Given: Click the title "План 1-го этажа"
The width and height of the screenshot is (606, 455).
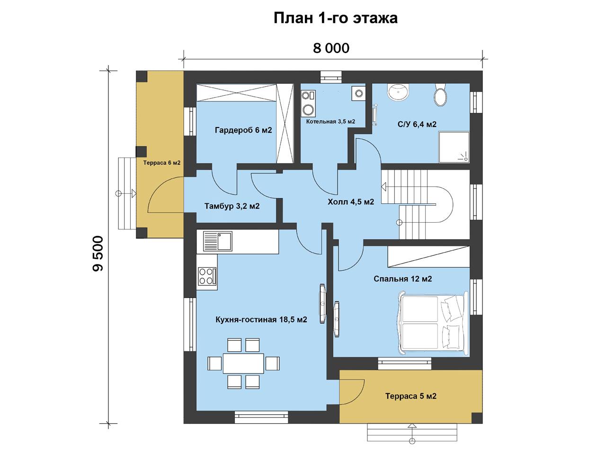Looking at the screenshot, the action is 336,18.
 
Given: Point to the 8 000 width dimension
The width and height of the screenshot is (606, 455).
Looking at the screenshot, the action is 331,48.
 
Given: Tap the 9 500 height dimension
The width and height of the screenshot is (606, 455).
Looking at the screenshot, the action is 98,253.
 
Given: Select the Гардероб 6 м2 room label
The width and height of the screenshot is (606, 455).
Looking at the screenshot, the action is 243,130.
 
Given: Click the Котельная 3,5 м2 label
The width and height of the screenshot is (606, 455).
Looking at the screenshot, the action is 330,121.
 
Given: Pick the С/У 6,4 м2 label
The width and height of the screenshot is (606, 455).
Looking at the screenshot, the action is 417,124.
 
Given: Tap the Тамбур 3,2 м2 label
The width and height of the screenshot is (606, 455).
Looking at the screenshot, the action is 232,206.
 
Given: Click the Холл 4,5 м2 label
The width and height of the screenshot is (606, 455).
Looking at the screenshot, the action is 351,202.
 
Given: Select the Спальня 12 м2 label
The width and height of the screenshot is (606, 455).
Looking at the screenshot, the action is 402,279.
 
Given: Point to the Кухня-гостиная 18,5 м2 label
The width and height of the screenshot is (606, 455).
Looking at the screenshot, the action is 261,319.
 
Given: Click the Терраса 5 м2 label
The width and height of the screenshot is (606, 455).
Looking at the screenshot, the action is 411,396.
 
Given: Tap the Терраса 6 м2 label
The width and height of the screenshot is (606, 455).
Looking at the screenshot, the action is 162,163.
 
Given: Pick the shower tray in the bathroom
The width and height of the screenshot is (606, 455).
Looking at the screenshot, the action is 454,147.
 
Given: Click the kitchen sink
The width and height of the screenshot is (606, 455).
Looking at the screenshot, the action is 218,241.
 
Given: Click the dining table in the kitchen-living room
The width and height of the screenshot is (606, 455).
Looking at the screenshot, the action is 243,363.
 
